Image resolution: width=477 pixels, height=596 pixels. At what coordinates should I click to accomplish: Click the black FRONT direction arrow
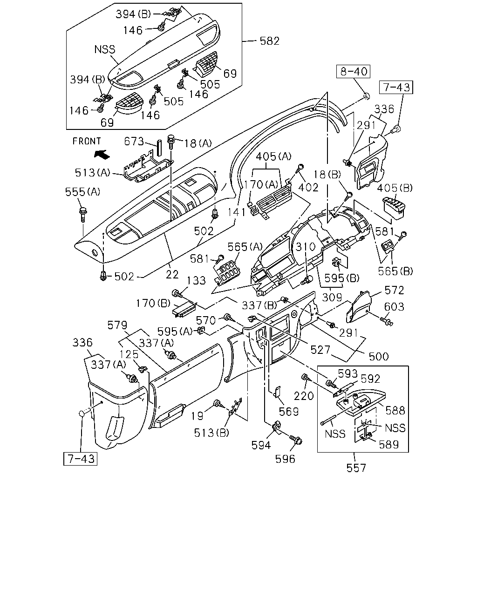click(102, 155)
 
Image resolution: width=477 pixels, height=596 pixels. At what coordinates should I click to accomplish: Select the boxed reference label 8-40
click(354, 71)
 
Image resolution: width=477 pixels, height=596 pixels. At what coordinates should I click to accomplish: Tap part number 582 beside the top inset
click(269, 41)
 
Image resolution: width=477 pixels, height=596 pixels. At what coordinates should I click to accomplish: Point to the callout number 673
click(134, 141)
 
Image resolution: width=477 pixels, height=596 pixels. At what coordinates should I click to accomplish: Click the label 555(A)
click(82, 192)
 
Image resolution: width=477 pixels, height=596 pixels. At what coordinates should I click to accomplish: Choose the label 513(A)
click(93, 173)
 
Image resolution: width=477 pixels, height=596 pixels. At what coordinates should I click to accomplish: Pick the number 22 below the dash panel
click(172, 274)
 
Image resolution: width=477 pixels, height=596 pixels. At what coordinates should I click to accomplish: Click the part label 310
click(306, 246)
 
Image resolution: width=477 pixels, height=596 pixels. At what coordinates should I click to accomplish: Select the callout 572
click(394, 290)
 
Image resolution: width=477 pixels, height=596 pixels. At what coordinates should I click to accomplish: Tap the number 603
click(394, 307)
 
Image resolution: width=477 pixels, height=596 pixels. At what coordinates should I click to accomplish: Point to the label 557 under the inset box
click(356, 468)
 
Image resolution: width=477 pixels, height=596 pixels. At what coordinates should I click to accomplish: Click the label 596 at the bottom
click(285, 459)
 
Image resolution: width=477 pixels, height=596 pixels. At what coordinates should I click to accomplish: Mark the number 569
click(289, 412)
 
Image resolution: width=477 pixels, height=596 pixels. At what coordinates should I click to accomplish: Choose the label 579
click(117, 325)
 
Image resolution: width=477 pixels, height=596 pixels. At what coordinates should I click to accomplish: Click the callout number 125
click(129, 354)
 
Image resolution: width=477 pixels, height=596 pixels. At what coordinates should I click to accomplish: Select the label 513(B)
click(211, 433)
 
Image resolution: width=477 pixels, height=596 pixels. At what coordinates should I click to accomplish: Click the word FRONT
click(87, 141)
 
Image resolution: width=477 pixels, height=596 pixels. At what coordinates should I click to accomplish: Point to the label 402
click(308, 188)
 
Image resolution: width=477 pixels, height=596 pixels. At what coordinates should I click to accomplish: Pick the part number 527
click(320, 350)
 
